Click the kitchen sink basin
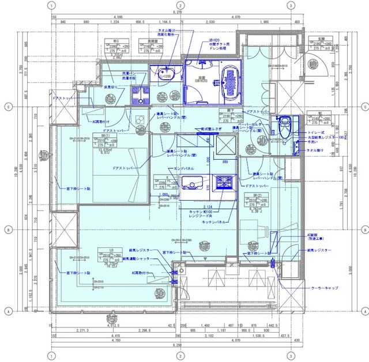tap(191, 184)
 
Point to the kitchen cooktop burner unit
tap(223, 184)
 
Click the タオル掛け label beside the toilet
tap(315, 150)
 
